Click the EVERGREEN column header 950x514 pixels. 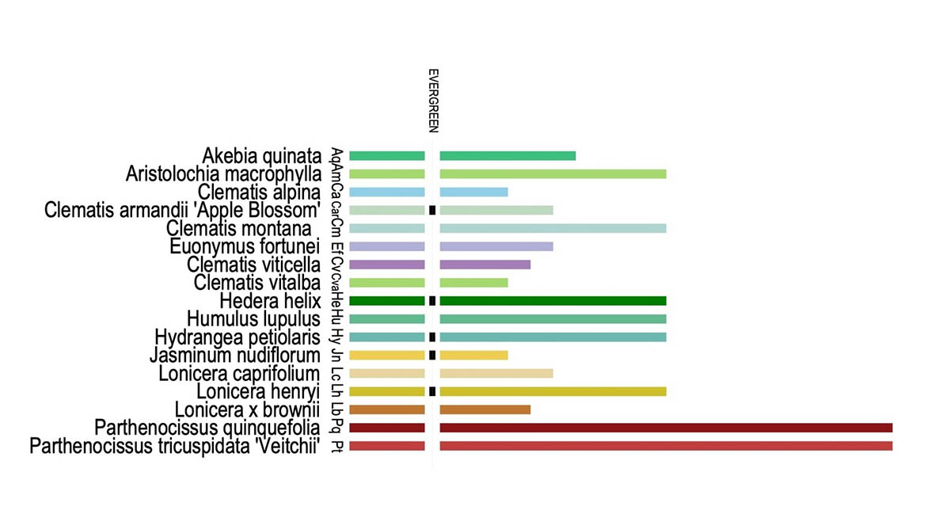tap(432, 100)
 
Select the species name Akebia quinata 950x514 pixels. tap(260, 154)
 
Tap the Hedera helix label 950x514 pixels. tap(270, 301)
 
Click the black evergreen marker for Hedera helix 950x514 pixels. tap(432, 301)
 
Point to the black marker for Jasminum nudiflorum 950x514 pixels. tap(432, 355)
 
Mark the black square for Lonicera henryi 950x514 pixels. tap(432, 391)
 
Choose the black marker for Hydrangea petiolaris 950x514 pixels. tap(432, 337)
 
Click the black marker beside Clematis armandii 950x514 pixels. tap(432, 210)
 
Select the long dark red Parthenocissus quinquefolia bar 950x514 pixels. tap(666, 428)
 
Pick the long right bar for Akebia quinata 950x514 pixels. tap(507, 155)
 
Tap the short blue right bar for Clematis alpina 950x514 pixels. tap(473, 192)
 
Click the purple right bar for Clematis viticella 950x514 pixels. tap(484, 265)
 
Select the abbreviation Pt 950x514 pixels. tap(337, 447)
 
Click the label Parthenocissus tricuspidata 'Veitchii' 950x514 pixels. tap(175, 447)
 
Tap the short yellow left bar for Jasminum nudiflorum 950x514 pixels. tap(387, 355)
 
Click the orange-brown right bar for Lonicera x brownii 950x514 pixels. tap(484, 409)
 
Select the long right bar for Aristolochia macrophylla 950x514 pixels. tap(553, 173)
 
